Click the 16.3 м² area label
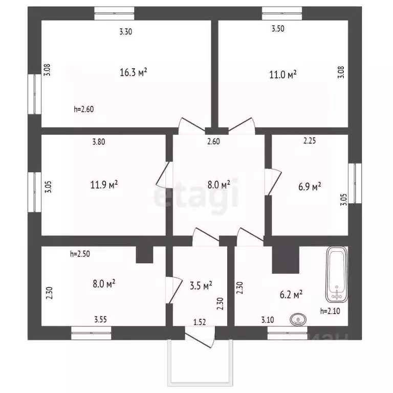click(134, 73)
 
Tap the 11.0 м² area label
click(283, 75)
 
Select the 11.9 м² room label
click(104, 184)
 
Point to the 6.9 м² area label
click(309, 187)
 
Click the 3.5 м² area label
click(201, 286)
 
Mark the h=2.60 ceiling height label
click(84, 108)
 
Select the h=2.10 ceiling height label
click(331, 311)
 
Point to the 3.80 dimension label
click(99, 143)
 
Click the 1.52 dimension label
click(200, 322)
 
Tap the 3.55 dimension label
click(101, 320)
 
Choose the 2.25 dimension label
click(310, 142)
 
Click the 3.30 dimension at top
click(125, 32)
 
